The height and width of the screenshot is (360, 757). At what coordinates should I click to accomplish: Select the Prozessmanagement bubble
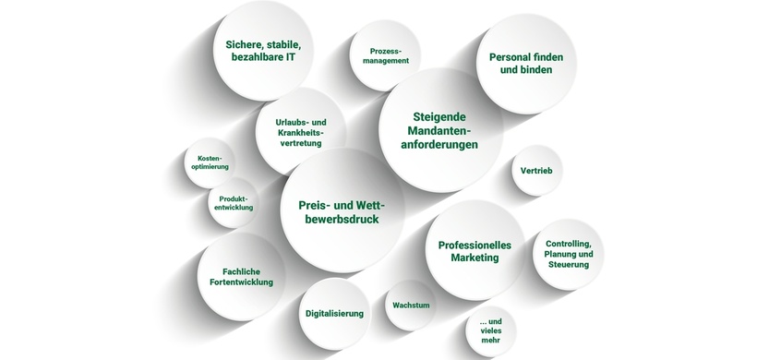pos(385,55)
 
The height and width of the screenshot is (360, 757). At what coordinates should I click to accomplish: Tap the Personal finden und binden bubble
pos(525,63)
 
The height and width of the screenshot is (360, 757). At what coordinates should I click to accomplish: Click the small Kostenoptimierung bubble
pos(210,162)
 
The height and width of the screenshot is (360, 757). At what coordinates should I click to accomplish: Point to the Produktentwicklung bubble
pos(233,202)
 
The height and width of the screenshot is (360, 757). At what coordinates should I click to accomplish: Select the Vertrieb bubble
pos(536,171)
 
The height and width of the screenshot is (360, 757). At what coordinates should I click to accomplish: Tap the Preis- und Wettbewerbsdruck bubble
pos(342,211)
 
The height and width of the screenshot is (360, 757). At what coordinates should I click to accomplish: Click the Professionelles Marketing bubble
pos(475,251)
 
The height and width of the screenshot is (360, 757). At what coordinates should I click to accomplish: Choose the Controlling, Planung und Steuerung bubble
pos(569,254)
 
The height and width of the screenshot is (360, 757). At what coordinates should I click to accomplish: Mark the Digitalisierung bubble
pos(334,313)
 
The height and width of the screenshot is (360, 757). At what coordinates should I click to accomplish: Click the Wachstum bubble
pos(411,305)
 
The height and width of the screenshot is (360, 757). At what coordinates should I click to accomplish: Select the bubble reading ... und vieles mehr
pos(490,330)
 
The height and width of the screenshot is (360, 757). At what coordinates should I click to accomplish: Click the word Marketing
pos(475,258)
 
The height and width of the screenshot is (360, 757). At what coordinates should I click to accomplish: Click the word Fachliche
pos(242,270)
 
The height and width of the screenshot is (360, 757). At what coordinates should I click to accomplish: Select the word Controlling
pos(569,242)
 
